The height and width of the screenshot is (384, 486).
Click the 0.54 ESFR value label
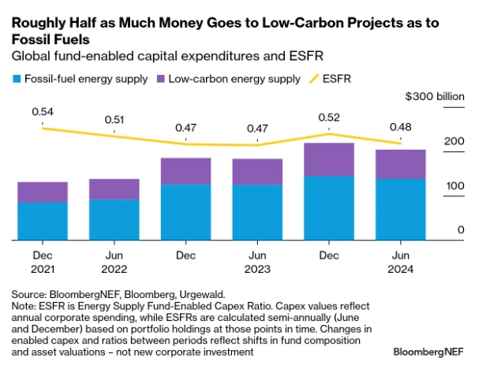pos(43,113)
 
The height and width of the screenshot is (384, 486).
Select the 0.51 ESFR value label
pos(114,121)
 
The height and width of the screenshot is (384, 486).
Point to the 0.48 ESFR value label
pos(400,126)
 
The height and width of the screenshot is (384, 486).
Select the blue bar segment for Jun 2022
pos(114,219)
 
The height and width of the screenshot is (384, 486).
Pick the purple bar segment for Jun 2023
pos(257,172)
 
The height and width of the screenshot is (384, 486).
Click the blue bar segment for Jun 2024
pos(400,209)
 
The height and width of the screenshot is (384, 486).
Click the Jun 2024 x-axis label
pos(400,262)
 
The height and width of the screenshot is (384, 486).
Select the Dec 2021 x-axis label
pos(43,262)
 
